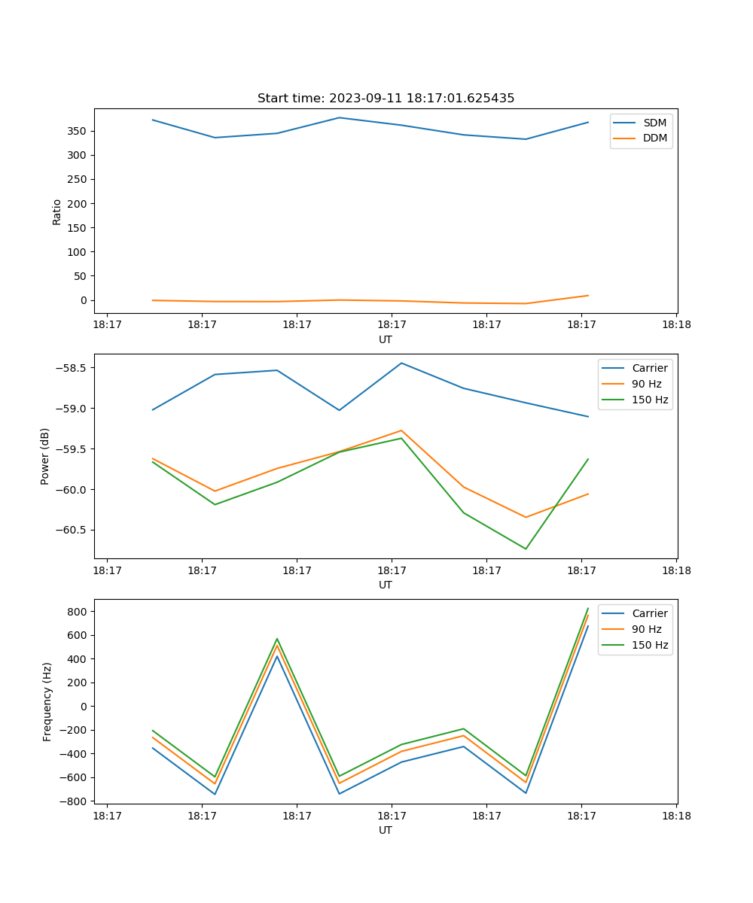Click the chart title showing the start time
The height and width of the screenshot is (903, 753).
[x=386, y=99]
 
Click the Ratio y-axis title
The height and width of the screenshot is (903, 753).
[x=57, y=211]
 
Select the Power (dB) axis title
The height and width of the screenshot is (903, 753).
[x=45, y=456]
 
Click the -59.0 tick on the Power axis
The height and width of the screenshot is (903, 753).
[x=71, y=409]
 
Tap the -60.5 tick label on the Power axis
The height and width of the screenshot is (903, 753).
[x=71, y=530]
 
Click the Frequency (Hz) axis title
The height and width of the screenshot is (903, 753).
[x=47, y=701]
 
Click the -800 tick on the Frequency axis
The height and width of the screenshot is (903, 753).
[x=75, y=801]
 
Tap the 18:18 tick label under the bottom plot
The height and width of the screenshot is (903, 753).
[x=675, y=815]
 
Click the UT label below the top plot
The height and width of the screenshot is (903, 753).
[x=386, y=339]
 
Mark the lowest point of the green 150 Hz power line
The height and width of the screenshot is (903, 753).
[x=526, y=549]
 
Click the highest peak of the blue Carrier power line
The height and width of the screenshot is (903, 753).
[x=401, y=363]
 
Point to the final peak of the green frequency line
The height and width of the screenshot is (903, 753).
[x=588, y=609]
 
